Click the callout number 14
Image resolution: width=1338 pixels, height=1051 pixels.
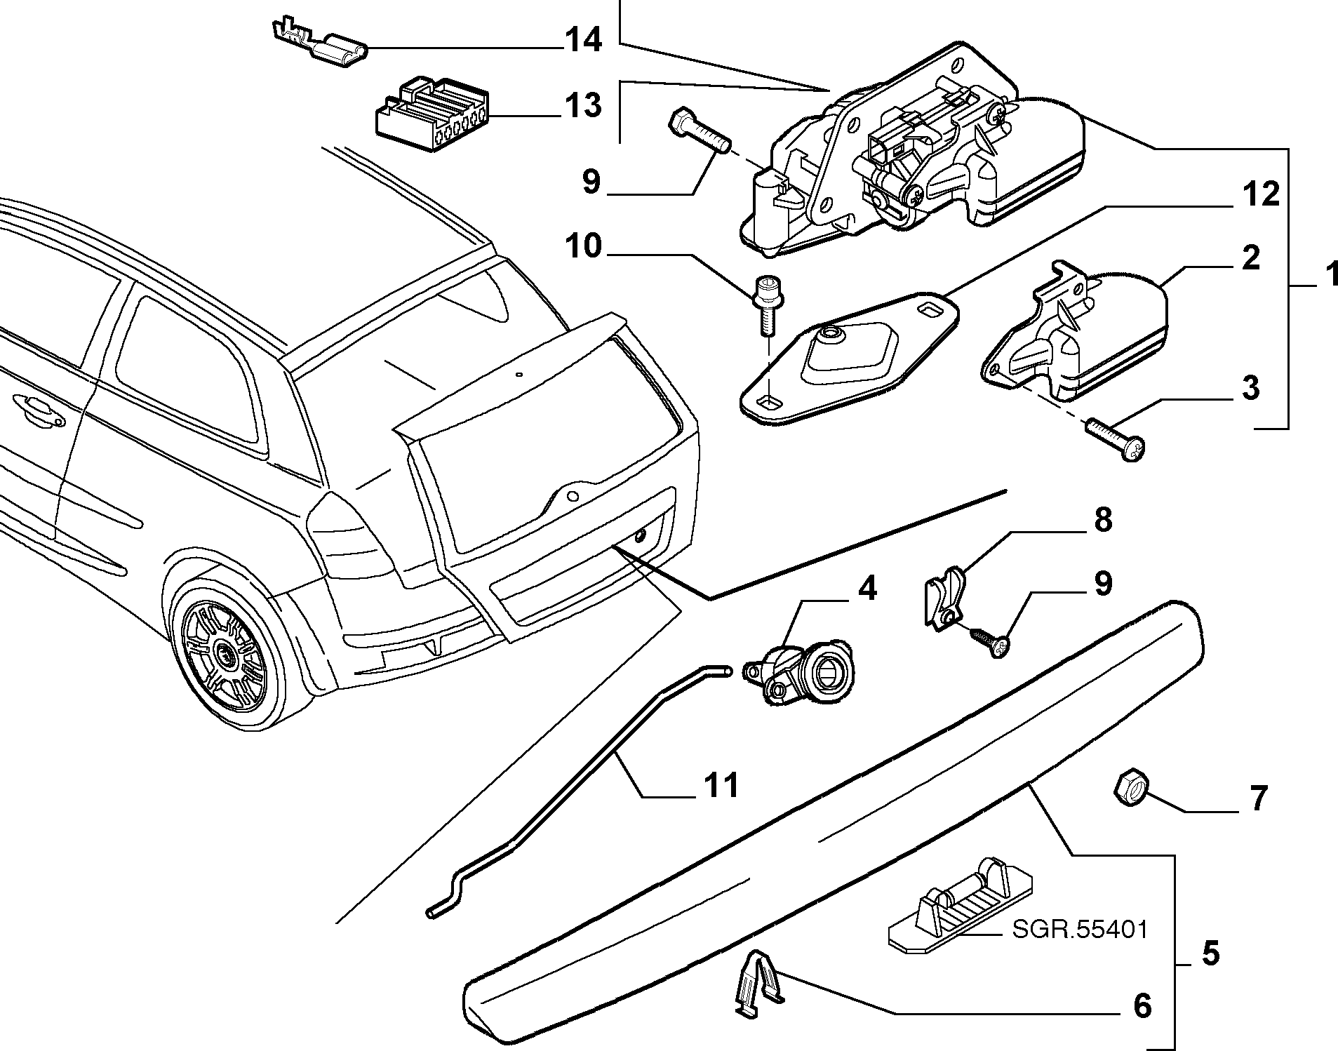tap(583, 40)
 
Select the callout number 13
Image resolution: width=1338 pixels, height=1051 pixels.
tap(583, 105)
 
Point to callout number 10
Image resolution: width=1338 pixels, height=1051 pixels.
tap(583, 246)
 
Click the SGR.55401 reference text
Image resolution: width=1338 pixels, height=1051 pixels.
tap(1080, 930)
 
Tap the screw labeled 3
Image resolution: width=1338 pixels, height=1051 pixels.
tap(1114, 439)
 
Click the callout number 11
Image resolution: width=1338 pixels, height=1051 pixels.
tap(721, 784)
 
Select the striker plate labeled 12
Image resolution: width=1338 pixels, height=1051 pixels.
tap(849, 358)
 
